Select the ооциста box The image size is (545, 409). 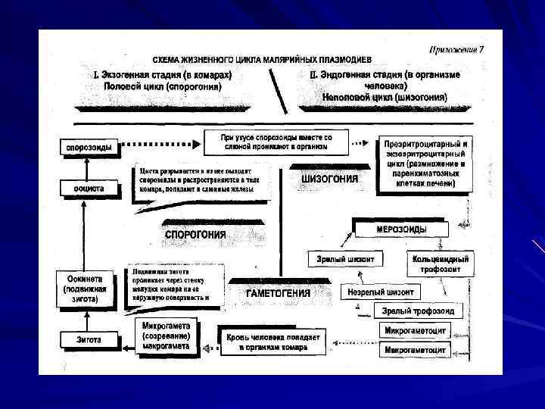[x=89, y=187]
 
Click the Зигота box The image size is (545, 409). [x=89, y=340]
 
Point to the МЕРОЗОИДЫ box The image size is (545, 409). [x=400, y=229]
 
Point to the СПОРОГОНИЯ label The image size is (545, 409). [x=195, y=235]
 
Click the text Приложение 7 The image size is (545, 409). [x=456, y=50]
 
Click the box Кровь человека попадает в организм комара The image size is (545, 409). [x=272, y=342]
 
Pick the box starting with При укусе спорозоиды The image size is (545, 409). [x=276, y=142]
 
